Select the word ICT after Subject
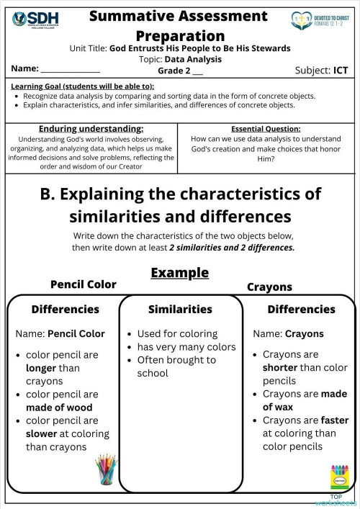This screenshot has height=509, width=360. [x=341, y=70]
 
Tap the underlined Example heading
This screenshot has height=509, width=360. [x=179, y=273]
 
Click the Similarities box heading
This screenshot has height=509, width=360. [x=180, y=309]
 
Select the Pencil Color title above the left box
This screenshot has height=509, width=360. [x=83, y=284]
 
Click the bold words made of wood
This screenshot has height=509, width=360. [x=59, y=407]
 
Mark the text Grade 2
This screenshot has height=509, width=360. [x=175, y=71]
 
